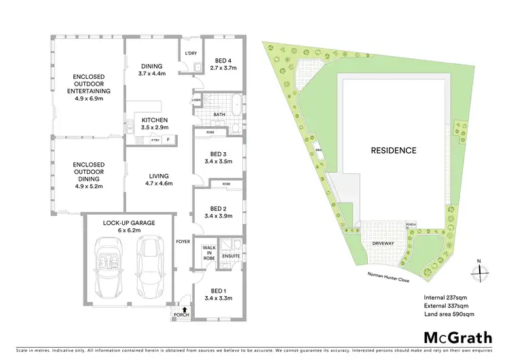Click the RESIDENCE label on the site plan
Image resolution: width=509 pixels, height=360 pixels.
[x=393, y=150]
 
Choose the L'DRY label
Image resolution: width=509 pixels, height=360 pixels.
[x=189, y=52]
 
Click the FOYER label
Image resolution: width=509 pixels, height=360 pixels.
[x=183, y=241]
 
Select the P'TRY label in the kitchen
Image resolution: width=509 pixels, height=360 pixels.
[x=155, y=139]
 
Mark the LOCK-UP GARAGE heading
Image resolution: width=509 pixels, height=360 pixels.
[x=129, y=223]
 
